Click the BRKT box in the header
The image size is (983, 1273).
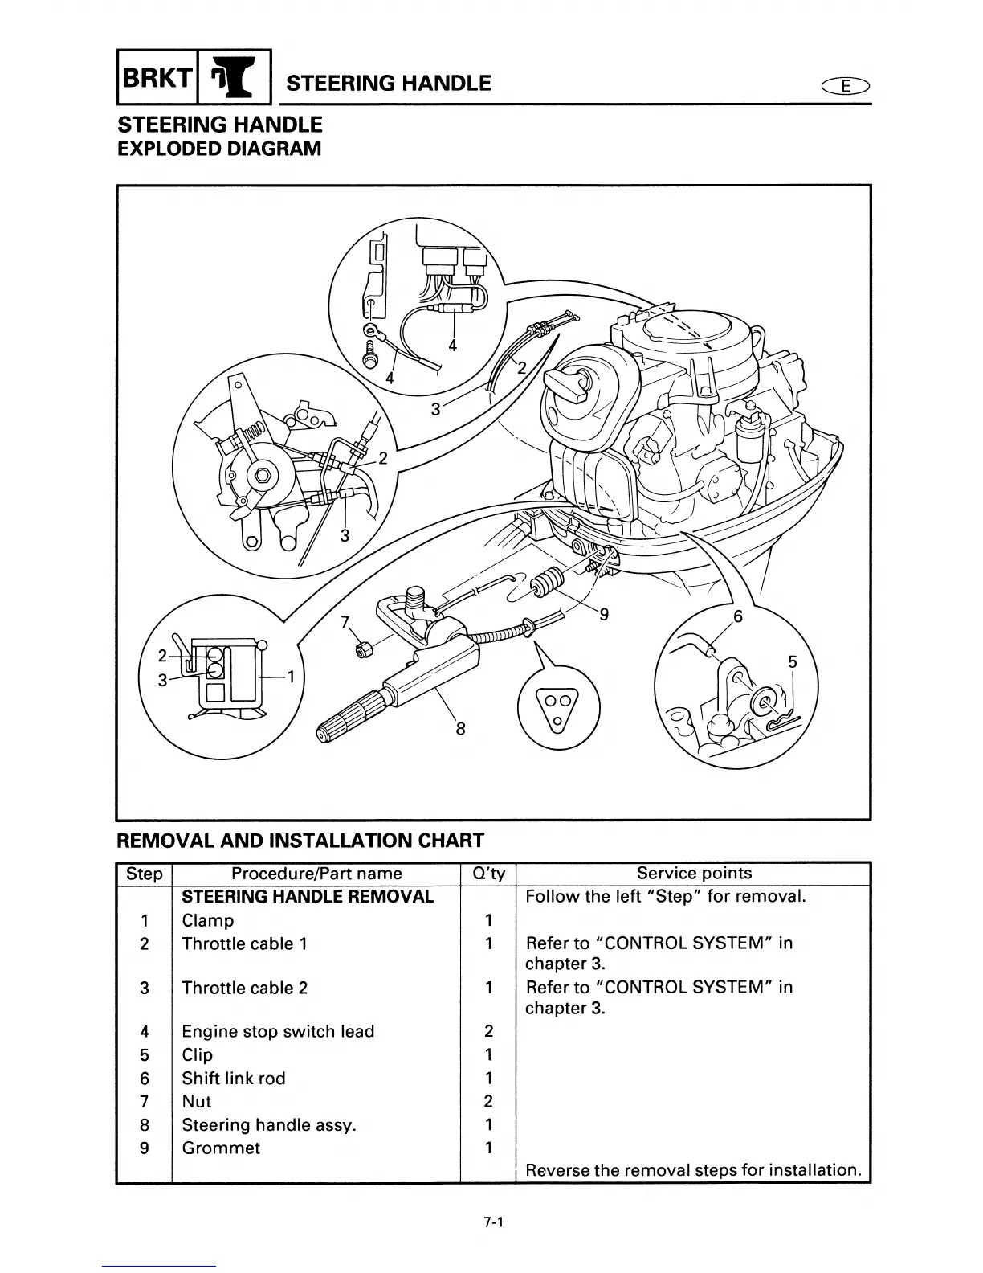[158, 78]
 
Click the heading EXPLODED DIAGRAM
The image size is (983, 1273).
[219, 149]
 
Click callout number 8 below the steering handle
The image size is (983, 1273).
[460, 730]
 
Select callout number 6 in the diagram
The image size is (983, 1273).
[738, 618]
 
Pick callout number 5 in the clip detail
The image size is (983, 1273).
[793, 662]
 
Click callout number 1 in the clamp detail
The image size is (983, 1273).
[292, 677]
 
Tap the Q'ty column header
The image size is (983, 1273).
[487, 874]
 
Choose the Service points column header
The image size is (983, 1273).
[694, 874]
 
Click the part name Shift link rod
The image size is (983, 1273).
[234, 1079]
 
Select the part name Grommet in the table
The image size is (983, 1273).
[221, 1148]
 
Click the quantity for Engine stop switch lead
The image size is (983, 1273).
[488, 1032]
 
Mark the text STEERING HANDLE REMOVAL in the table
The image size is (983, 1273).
[308, 897]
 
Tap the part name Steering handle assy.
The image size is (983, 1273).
[268, 1125]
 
